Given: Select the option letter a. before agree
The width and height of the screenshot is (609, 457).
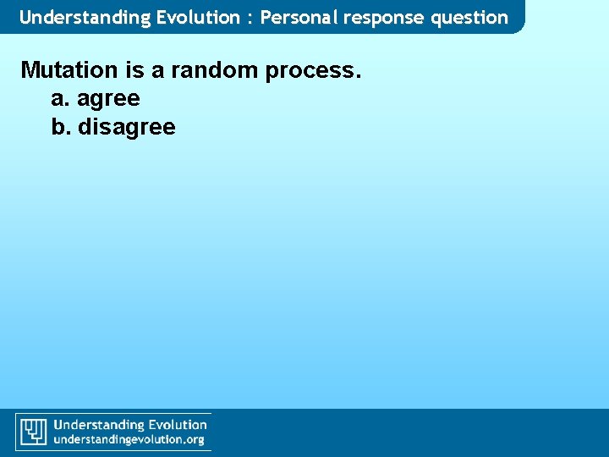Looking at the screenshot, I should [x=61, y=99].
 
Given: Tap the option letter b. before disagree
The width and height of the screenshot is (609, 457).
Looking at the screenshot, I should [x=61, y=127].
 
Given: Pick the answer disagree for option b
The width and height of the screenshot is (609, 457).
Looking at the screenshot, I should [x=127, y=128].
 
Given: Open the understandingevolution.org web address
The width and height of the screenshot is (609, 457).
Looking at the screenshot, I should [x=129, y=439].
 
